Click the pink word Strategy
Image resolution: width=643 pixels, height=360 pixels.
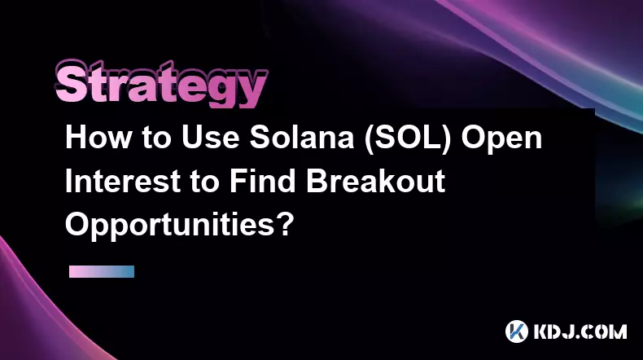pos(161,84)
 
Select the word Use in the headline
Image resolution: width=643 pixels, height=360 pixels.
pos(210,138)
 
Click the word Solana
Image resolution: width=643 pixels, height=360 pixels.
pos(302,138)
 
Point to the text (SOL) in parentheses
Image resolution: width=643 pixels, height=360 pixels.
pos(408,138)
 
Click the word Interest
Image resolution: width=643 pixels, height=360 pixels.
pos(123,181)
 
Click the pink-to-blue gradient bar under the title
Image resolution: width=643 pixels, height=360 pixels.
pos(102,271)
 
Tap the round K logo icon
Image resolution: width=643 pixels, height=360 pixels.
pos(516,331)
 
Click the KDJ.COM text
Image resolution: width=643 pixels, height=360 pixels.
pos(580,331)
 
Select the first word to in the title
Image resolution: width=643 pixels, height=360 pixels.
pos(156,138)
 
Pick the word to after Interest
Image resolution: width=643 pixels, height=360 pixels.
pos(204,182)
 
